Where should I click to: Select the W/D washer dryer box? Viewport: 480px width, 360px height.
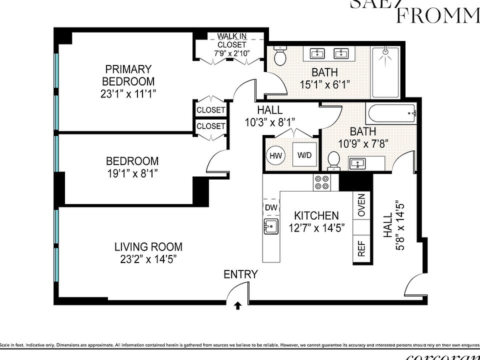(x=304, y=155)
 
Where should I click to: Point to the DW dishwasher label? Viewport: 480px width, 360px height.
(x=270, y=207)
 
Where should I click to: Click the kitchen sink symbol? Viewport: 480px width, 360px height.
(x=270, y=226)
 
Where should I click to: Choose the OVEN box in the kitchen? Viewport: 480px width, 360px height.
(x=361, y=205)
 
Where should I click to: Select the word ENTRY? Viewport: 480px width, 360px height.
(x=240, y=274)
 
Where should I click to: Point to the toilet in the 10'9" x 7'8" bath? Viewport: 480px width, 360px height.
(x=333, y=160)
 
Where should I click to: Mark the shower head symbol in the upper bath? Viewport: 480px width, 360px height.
(x=385, y=51)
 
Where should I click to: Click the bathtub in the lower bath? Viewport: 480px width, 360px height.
(x=391, y=114)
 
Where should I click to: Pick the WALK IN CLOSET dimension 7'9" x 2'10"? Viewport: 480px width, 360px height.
(x=232, y=52)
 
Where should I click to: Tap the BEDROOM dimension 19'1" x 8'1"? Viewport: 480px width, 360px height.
(x=132, y=173)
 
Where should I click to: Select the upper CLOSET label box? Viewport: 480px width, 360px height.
(x=210, y=109)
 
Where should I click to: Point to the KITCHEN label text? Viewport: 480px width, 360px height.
(x=316, y=216)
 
